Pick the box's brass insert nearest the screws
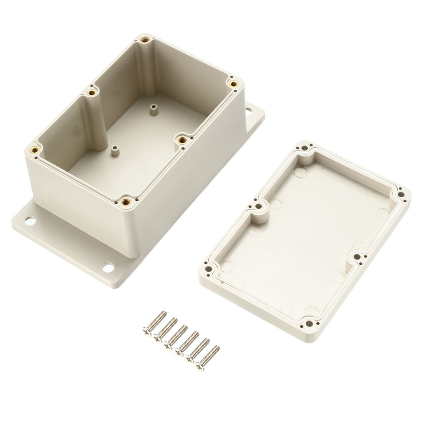[x=125, y=201]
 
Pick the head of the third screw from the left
[x=167, y=345]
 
